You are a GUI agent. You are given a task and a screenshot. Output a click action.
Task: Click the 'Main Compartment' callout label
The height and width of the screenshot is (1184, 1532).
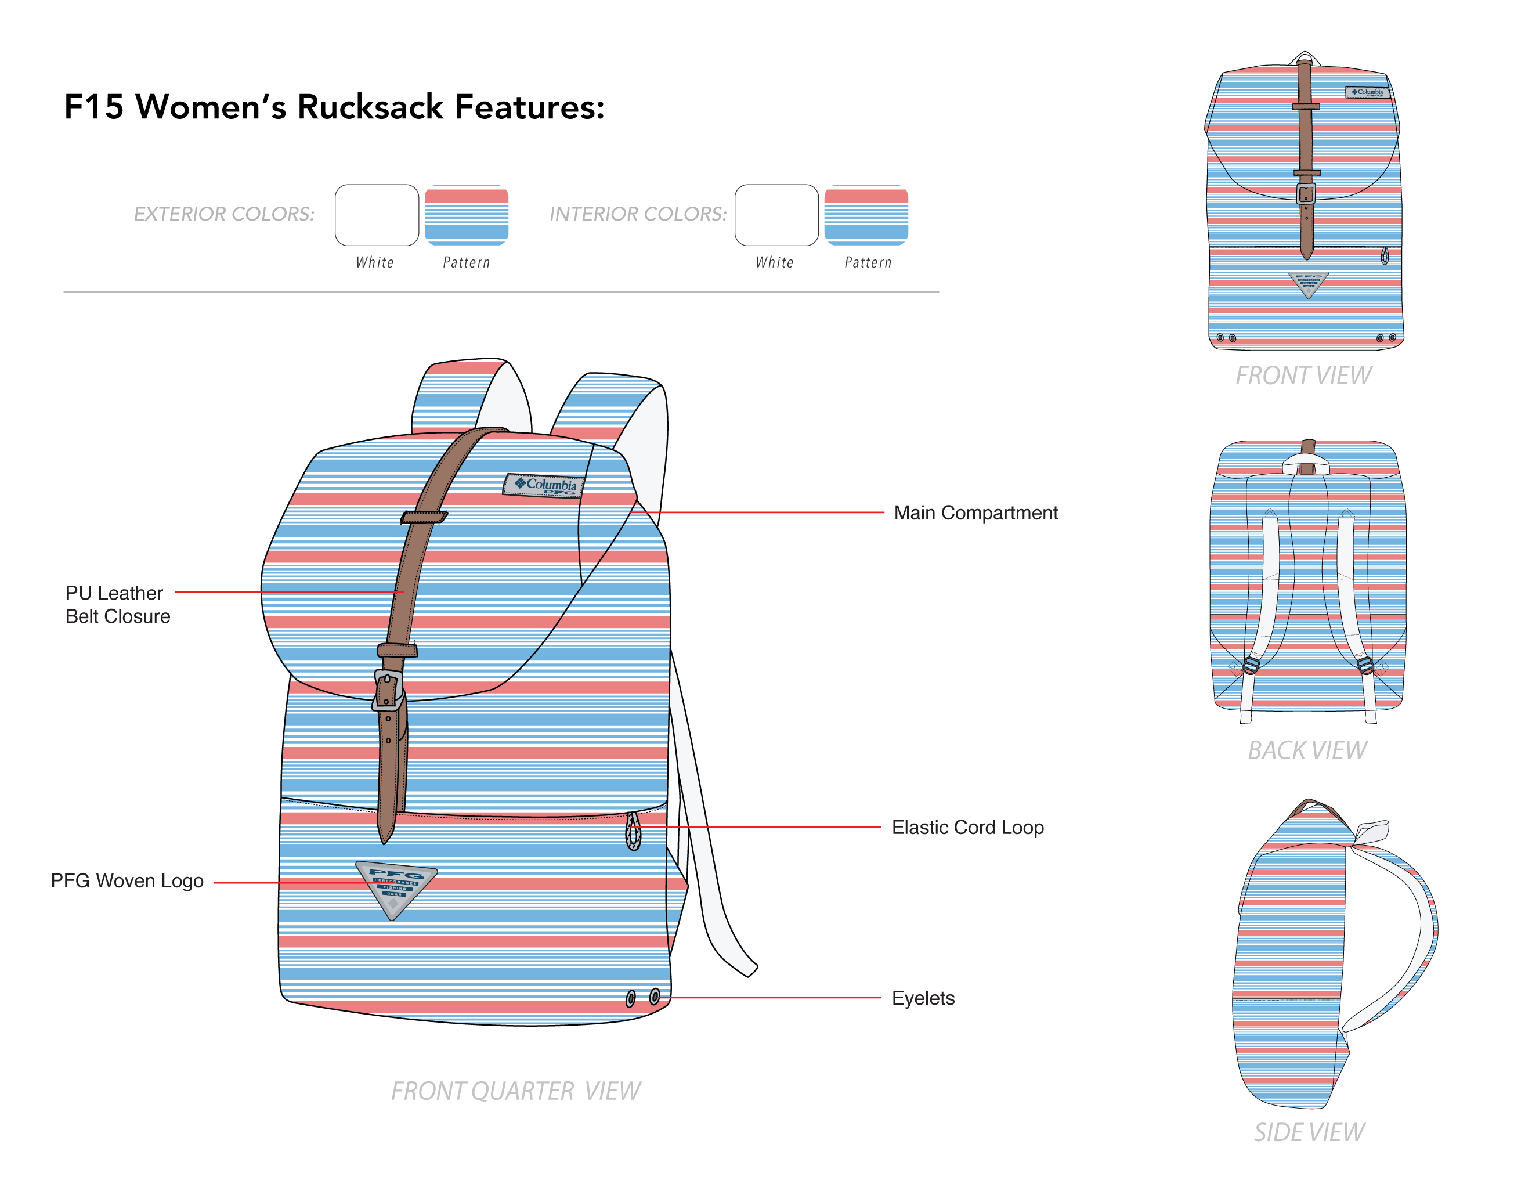coord(975,512)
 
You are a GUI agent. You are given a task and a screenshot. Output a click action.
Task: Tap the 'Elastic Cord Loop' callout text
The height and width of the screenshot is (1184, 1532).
coord(967,828)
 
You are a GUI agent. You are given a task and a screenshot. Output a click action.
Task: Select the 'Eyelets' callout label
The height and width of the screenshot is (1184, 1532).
coord(923,998)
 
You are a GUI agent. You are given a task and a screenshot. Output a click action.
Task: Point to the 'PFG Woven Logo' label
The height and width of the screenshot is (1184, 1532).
coord(127,881)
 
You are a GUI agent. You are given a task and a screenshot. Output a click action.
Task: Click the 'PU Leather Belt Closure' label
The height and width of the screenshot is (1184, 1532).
coord(117,605)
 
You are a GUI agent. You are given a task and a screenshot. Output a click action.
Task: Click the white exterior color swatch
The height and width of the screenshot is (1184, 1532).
coord(377,215)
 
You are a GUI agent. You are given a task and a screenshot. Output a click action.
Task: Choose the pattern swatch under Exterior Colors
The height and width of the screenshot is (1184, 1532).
coord(467,215)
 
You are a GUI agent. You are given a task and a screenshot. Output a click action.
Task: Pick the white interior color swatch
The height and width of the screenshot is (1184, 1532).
coord(776,215)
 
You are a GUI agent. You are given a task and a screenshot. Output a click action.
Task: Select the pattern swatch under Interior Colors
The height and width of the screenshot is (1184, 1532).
coord(866,215)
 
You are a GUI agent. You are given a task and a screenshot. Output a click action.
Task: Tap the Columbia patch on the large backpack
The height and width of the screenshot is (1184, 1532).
coord(544,485)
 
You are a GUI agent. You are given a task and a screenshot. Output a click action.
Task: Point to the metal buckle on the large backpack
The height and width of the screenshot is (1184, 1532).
coord(388,690)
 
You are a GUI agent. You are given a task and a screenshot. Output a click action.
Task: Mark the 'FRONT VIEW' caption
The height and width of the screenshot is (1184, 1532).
coord(1303,376)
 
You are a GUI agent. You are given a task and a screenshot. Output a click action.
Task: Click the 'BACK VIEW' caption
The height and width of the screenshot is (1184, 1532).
coord(1307,750)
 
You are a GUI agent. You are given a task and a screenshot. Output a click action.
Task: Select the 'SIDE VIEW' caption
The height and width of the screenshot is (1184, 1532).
coord(1309,1133)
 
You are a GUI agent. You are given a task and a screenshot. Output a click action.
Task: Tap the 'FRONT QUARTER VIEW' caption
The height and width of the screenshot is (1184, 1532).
coord(515,1091)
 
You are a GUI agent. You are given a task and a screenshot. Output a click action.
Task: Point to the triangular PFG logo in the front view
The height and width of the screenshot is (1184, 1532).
coord(1308,283)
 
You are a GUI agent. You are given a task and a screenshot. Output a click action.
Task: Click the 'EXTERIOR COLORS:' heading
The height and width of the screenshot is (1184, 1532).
coord(225,214)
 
